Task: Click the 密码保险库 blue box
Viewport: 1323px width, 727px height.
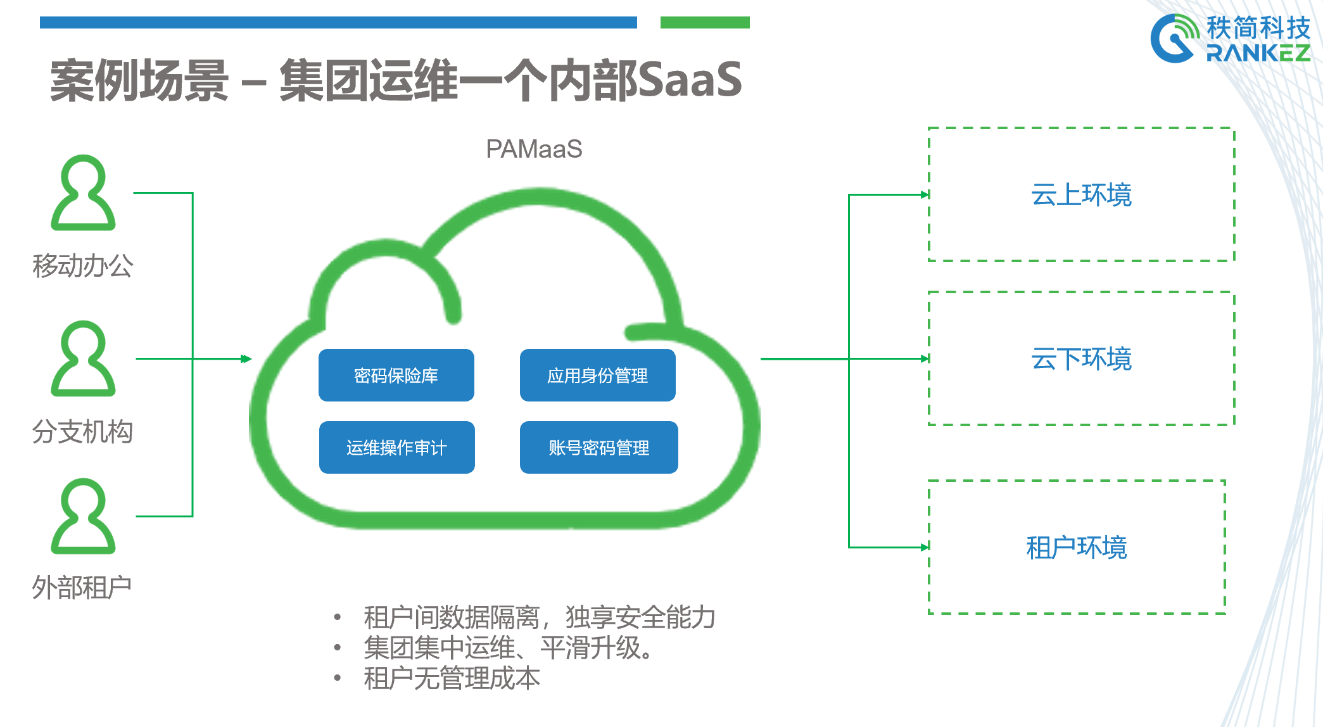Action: [x=396, y=375]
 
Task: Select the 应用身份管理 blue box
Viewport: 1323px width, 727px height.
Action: [x=598, y=375]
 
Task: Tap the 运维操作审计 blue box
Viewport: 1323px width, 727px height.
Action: [x=397, y=447]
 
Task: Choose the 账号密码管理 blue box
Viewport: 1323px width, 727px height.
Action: [x=599, y=447]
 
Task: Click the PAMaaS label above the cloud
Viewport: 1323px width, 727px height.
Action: [x=534, y=149]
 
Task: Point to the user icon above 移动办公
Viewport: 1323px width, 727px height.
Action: [x=83, y=193]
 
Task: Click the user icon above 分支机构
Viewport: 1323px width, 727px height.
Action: [x=83, y=358]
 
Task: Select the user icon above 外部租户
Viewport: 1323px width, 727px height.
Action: [x=83, y=516]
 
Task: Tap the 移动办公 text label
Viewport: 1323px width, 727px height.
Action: [x=83, y=266]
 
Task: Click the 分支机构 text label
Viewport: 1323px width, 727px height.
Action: [x=83, y=432]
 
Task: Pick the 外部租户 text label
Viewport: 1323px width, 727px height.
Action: [x=82, y=588]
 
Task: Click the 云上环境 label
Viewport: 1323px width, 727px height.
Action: [x=1082, y=194]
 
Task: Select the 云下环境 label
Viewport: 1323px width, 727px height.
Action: [x=1082, y=358]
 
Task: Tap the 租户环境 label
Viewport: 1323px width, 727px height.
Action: [x=1077, y=547]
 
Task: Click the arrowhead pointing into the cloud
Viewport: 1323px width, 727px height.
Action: [x=246, y=359]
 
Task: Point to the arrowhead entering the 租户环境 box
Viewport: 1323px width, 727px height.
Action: [x=925, y=547]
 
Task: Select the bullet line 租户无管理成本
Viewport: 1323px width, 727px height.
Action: [x=452, y=678]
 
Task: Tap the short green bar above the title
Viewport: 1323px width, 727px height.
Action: [x=705, y=23]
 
